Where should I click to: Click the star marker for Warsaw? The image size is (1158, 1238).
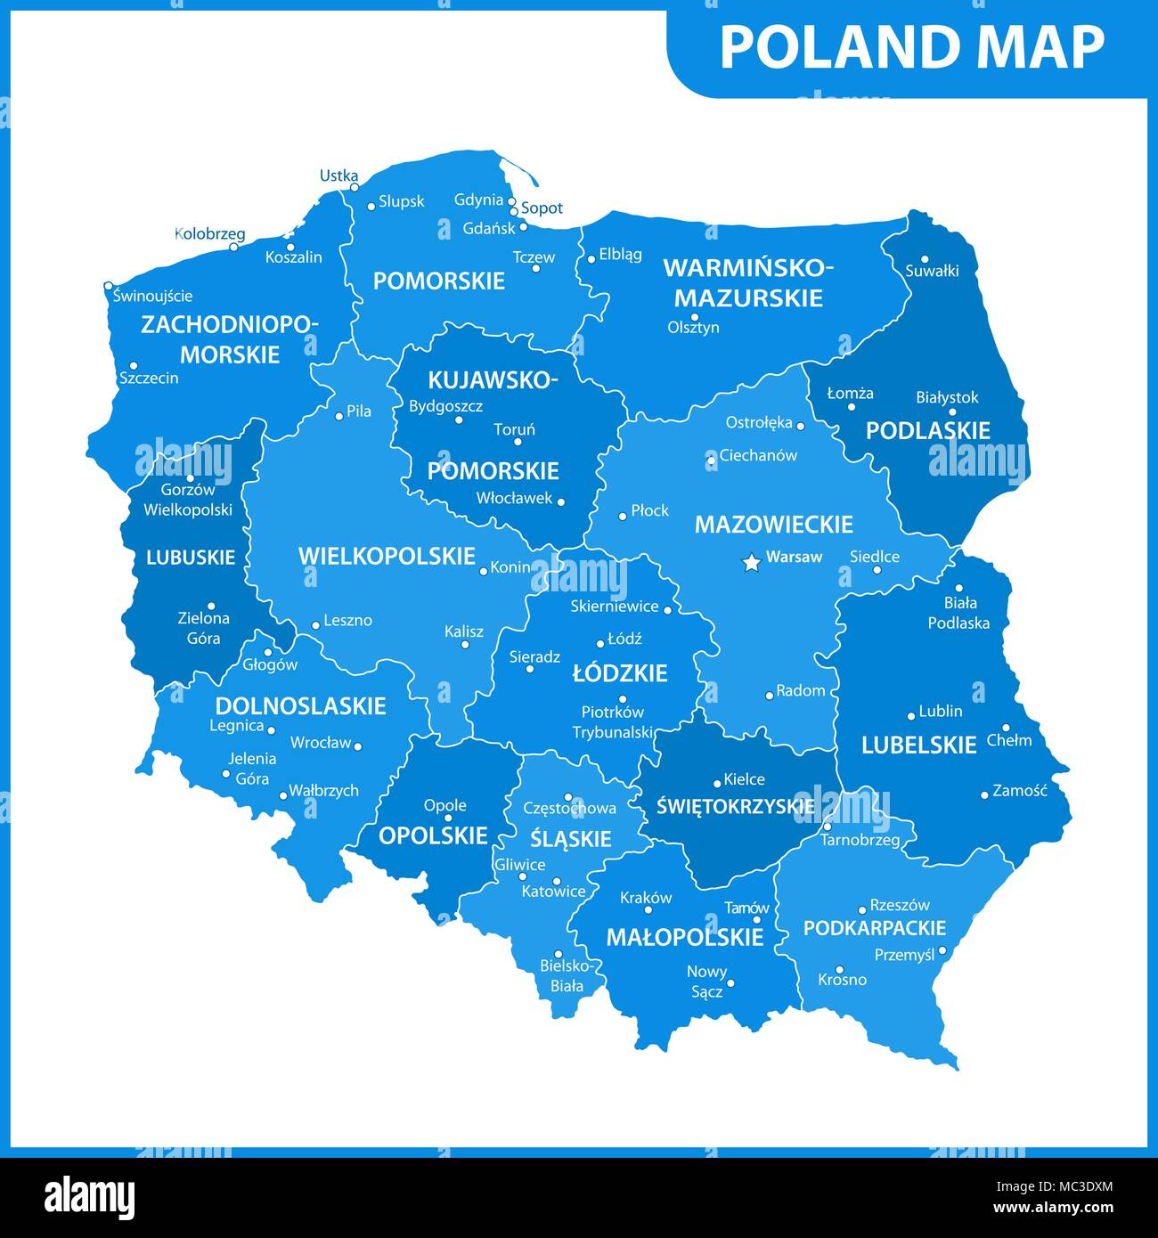coord(751,562)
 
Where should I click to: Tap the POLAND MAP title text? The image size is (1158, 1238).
coord(911,47)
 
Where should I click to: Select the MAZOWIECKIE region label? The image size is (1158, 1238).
coord(773,524)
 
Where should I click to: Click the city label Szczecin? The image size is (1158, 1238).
coord(149,378)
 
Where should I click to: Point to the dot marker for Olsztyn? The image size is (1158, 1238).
coord(695,316)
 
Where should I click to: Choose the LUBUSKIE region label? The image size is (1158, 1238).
coord(191,558)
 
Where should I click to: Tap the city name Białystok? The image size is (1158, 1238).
coord(947,397)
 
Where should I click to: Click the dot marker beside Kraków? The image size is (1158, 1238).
coord(648,909)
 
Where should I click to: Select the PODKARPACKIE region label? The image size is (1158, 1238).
coord(874,928)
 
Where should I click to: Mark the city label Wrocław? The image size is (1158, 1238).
coord(321,742)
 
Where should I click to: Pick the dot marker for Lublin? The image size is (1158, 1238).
coord(911,716)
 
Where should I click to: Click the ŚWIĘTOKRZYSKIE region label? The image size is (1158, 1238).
coord(735,807)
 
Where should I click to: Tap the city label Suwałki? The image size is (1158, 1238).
coord(932,271)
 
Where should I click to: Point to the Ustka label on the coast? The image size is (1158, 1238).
coord(338,175)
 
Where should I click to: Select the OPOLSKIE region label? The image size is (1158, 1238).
coord(433,835)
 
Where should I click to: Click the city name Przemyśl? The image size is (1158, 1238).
coord(904,954)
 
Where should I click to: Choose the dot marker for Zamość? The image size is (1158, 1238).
coord(984,794)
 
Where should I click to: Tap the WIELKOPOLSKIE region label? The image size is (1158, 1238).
coord(387,557)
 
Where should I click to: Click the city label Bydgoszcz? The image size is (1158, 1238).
coord(445,406)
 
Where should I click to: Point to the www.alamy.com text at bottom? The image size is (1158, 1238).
coord(1056,1208)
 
